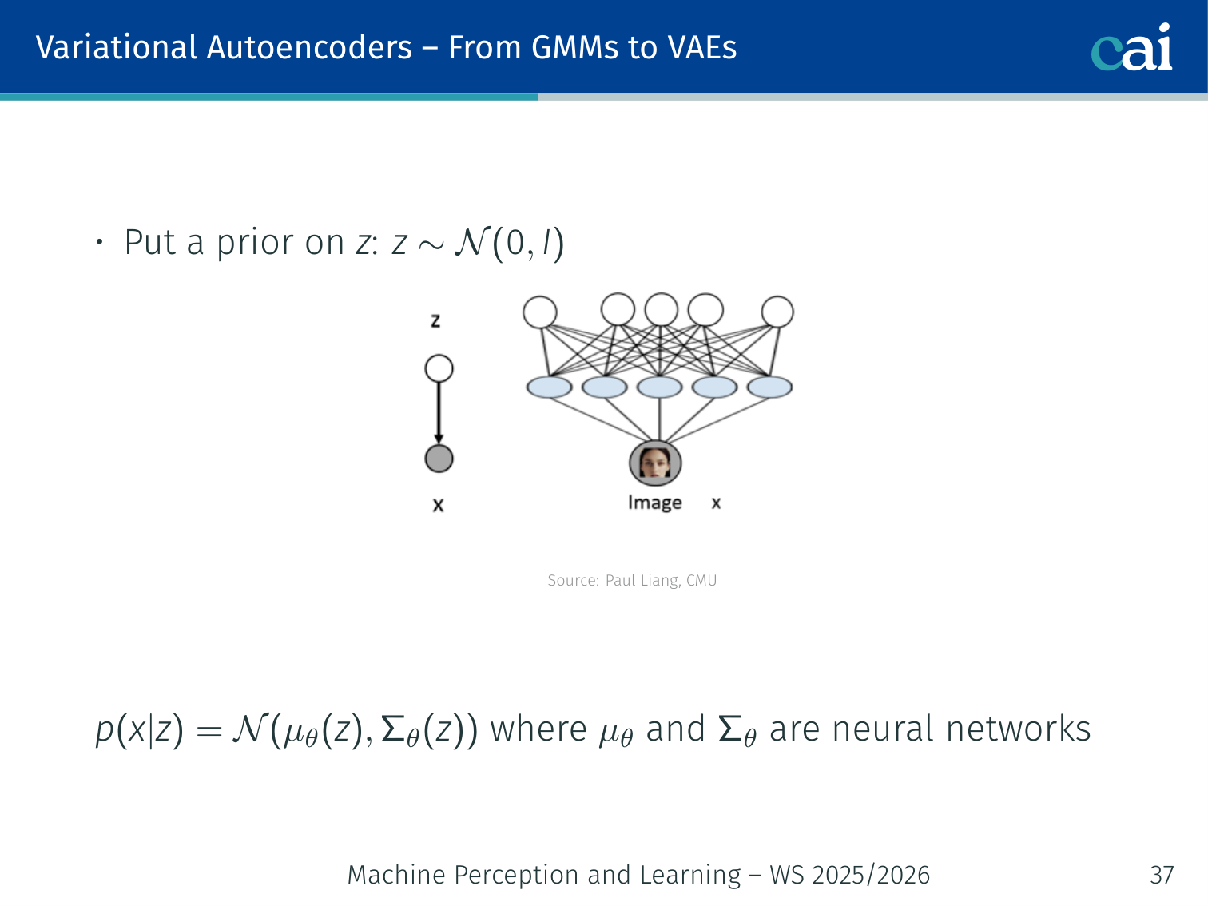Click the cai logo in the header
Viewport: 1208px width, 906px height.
(1131, 48)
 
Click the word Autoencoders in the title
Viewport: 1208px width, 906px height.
(309, 48)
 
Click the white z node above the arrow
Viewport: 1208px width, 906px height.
(439, 368)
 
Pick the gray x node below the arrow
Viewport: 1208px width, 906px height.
(439, 459)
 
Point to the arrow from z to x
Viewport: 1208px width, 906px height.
(439, 412)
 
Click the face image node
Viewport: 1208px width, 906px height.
(655, 463)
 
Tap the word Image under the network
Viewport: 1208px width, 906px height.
(654, 503)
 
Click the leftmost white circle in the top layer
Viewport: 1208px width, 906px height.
(540, 312)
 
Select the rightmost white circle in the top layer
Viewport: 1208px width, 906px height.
(777, 312)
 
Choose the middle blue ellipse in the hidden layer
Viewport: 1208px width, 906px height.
(659, 387)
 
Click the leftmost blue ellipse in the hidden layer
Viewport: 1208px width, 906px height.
(549, 387)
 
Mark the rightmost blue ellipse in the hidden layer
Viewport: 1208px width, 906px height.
(769, 387)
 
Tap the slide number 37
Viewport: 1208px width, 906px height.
(1162, 876)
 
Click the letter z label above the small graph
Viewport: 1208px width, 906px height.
(435, 321)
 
